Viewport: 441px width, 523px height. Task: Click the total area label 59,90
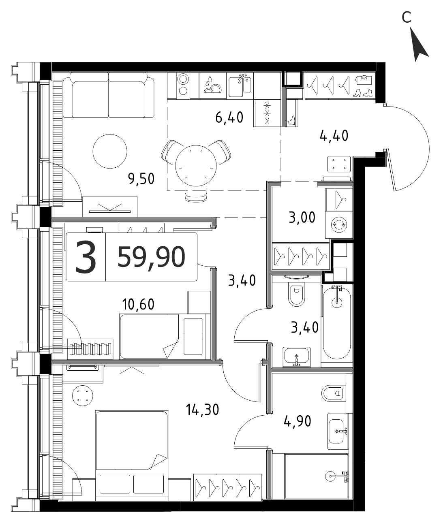(151, 258)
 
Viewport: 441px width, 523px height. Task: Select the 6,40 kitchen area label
(229, 118)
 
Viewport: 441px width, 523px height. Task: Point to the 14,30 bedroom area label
(202, 410)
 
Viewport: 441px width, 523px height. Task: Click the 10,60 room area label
(138, 305)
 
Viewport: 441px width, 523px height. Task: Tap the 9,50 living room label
(141, 179)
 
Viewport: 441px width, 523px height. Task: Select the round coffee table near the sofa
(110, 151)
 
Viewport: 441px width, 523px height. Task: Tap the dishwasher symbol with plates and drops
(212, 86)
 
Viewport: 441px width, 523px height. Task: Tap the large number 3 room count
(86, 257)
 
